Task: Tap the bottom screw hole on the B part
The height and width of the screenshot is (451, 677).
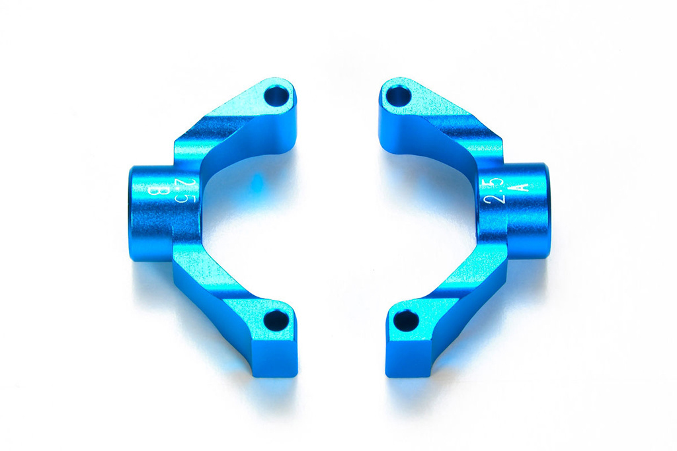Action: pos(276,321)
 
